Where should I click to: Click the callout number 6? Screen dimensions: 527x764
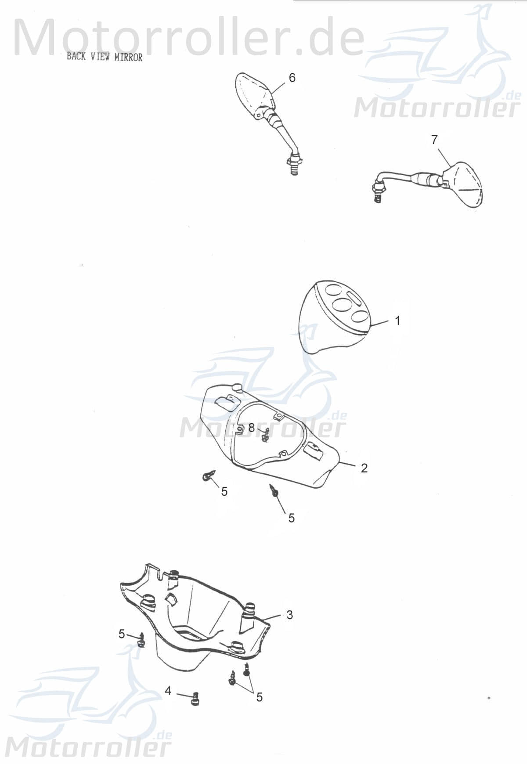pyautogui.click(x=292, y=78)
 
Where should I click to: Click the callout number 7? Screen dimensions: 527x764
pyautogui.click(x=434, y=140)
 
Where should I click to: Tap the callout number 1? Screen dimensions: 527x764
pyautogui.click(x=397, y=321)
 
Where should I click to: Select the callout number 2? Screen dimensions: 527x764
pyautogui.click(x=364, y=468)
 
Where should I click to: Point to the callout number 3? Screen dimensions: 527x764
pyautogui.click(x=289, y=615)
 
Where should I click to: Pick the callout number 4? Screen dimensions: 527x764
pyautogui.click(x=168, y=691)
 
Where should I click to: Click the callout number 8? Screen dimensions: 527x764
pyautogui.click(x=251, y=427)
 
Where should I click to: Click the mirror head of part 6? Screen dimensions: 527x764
pyautogui.click(x=255, y=94)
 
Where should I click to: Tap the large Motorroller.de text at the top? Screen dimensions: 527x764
pyautogui.click(x=190, y=38)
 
